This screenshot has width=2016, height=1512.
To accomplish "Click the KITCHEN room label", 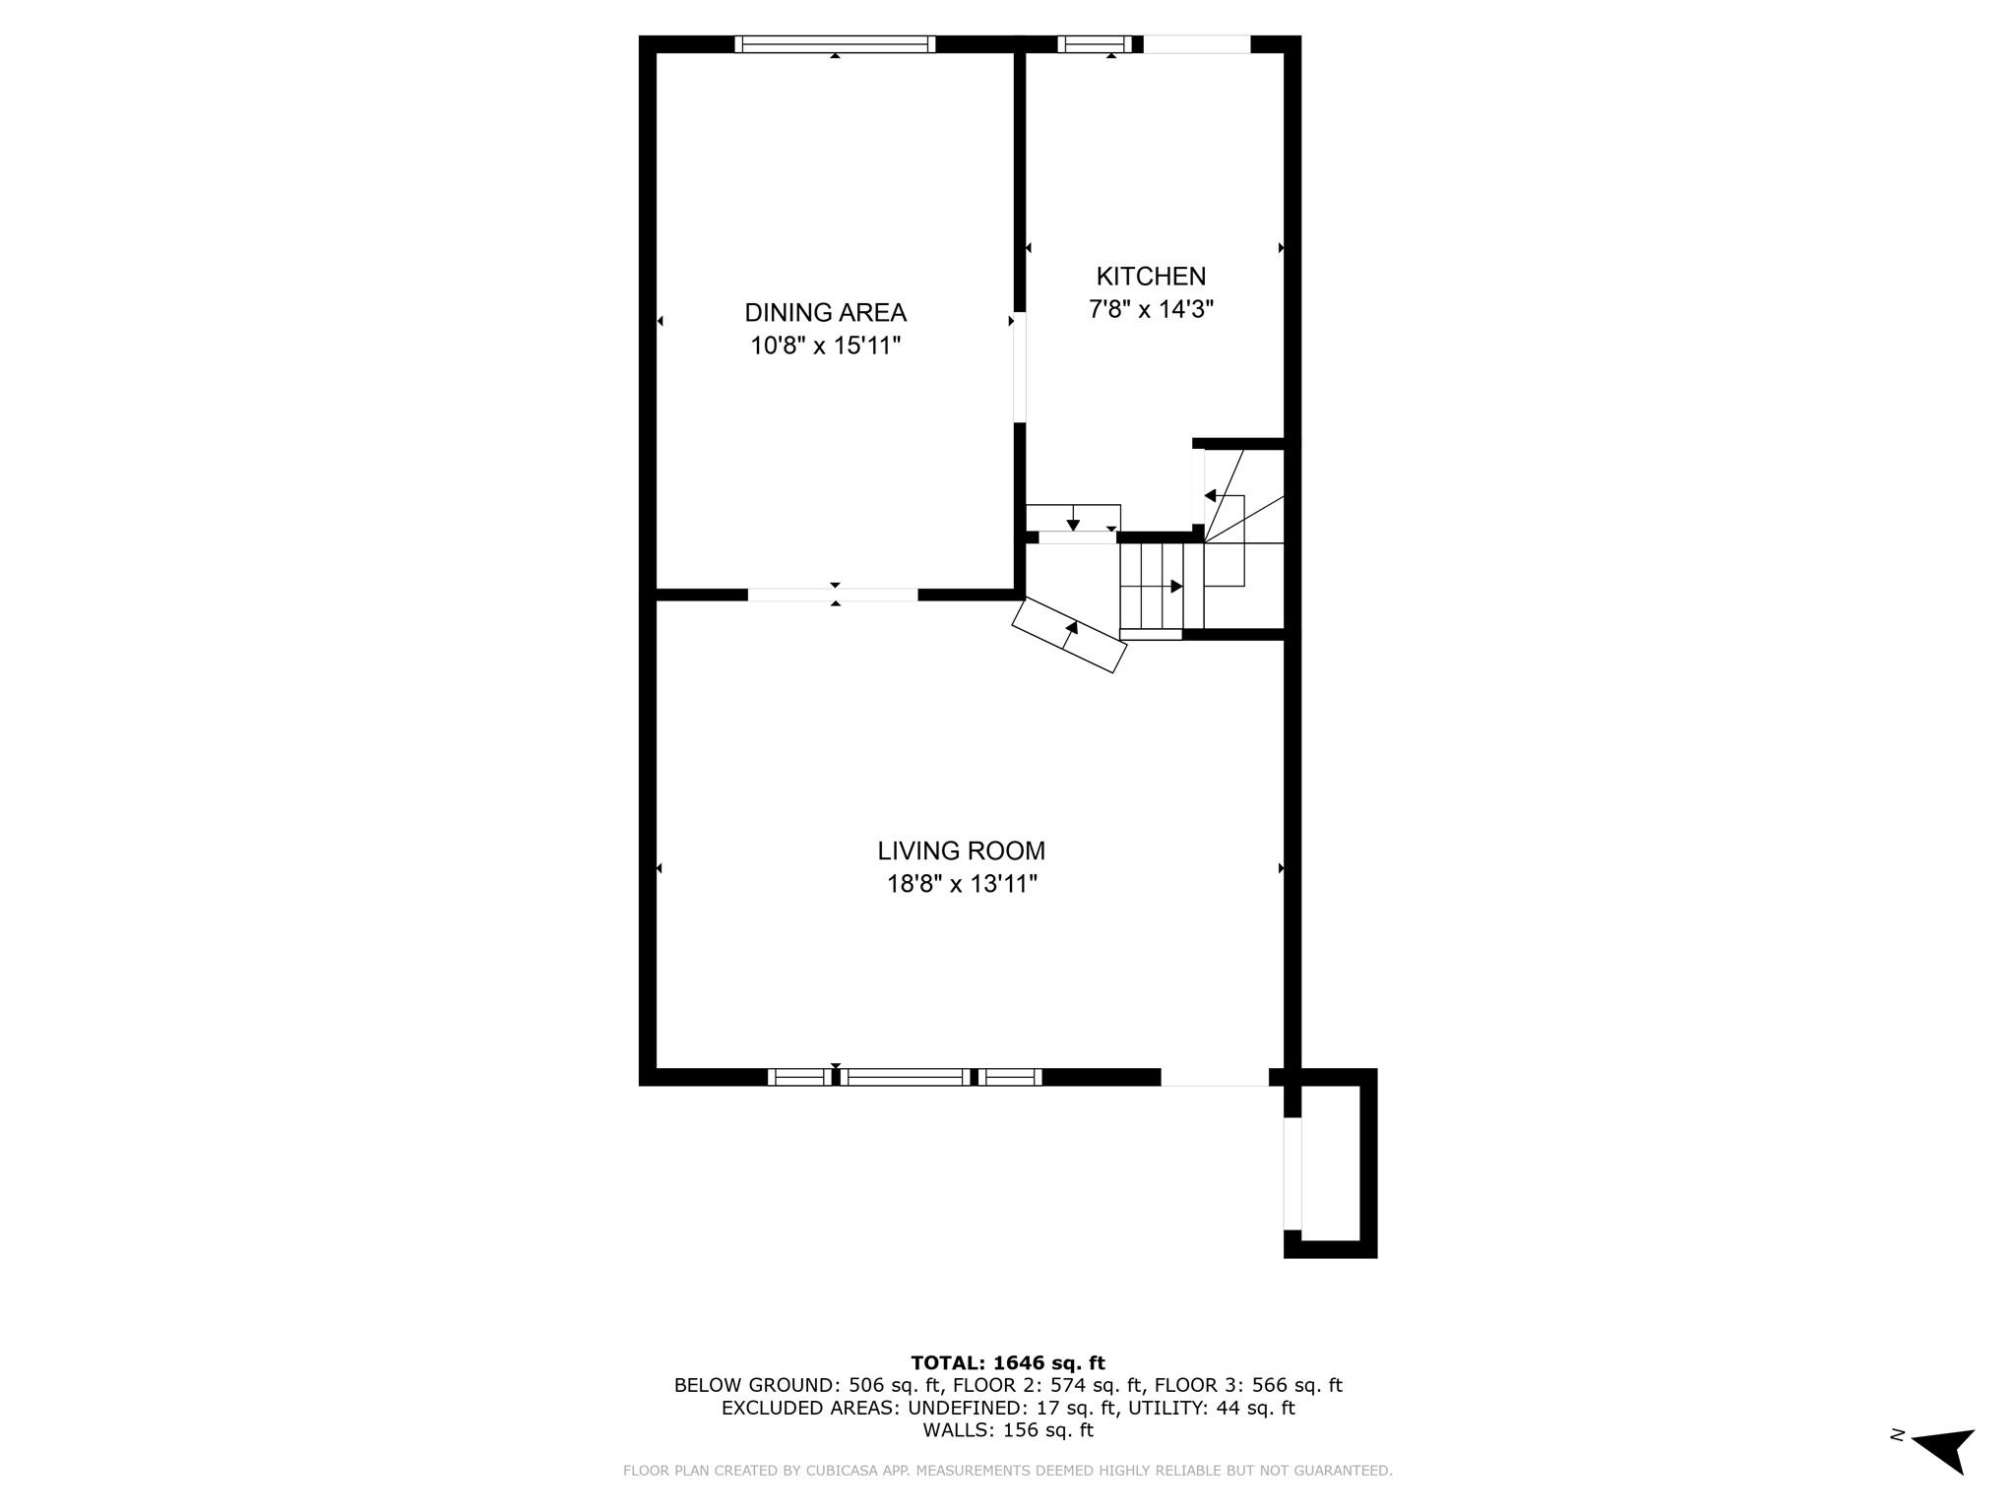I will [x=1151, y=277].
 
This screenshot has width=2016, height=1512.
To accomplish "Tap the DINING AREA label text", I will [x=825, y=313].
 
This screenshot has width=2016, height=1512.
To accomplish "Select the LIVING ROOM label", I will [x=961, y=850].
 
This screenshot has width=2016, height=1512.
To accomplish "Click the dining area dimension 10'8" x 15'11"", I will [x=825, y=346].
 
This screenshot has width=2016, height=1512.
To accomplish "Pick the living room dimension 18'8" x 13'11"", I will [x=962, y=884].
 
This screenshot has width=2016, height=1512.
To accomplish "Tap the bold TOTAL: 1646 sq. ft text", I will [x=1008, y=1363].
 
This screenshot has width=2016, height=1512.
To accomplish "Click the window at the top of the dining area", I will [x=835, y=44].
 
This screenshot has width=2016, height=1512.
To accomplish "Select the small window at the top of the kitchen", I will [x=1095, y=44].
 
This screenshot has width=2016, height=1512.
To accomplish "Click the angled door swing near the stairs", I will [x=1069, y=635].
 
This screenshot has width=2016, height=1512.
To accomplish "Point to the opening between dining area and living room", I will [x=833, y=595].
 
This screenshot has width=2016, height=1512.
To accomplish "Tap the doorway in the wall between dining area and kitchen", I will [x=1020, y=368].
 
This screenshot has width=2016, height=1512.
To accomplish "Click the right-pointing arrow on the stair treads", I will [x=1175, y=587].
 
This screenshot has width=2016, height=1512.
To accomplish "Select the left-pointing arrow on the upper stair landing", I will [x=1211, y=495].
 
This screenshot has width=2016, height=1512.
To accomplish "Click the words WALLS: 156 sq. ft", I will [x=1008, y=1430].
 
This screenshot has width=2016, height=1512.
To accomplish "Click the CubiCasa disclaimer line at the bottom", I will [x=1008, y=1471].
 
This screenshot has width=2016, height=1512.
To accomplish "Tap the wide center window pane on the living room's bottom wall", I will [x=906, y=1077].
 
